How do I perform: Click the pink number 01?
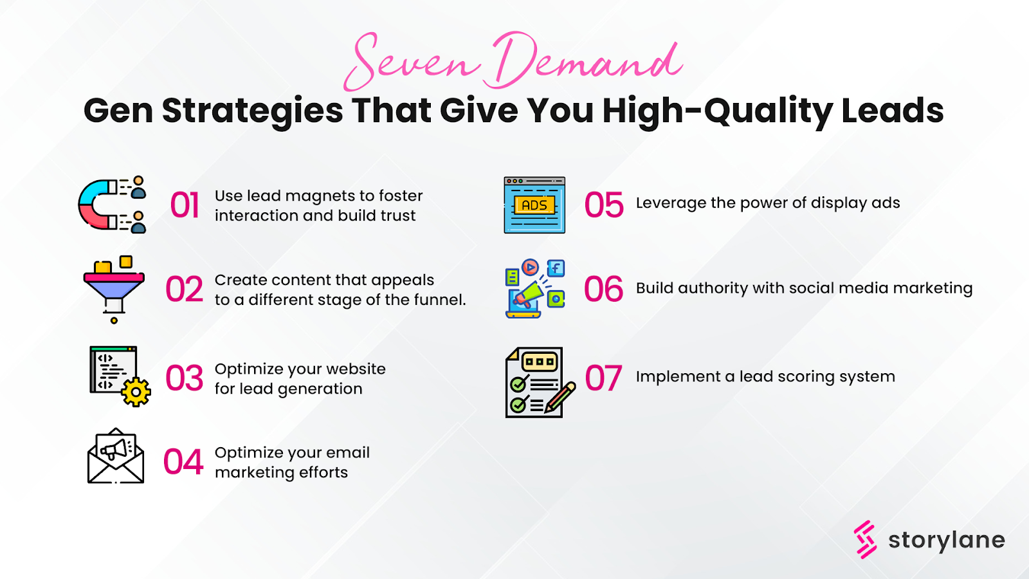(x=185, y=206)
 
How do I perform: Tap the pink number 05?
(x=604, y=206)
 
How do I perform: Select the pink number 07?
(x=603, y=378)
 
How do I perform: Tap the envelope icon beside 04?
(x=116, y=457)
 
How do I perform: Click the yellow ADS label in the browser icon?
(x=534, y=205)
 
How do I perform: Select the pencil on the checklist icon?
(x=560, y=398)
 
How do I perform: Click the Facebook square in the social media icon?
(x=556, y=268)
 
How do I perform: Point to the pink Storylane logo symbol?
(x=866, y=539)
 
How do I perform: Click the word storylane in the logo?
(x=946, y=540)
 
